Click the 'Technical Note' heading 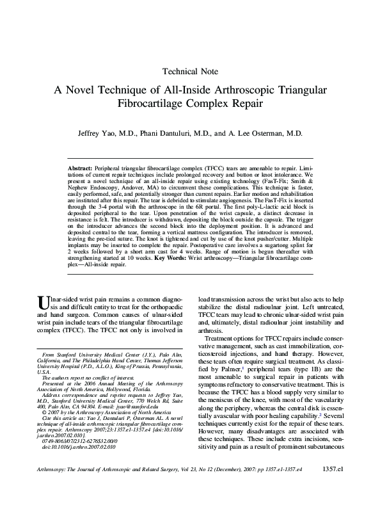click(190, 71)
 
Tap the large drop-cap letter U click(42, 302)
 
